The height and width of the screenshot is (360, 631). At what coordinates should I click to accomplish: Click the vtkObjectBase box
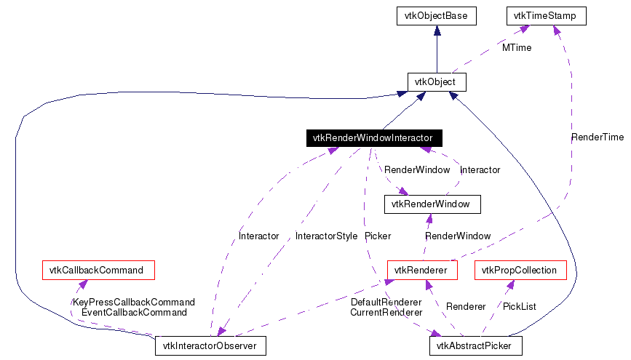[436, 15]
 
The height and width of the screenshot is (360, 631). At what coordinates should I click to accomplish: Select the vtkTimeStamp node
[546, 15]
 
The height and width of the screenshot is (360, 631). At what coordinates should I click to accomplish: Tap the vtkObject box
[435, 82]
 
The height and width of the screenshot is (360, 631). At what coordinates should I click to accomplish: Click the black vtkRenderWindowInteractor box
[373, 137]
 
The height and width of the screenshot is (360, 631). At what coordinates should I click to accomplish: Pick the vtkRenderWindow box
[432, 204]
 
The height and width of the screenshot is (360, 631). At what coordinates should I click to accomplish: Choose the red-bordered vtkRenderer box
[421, 271]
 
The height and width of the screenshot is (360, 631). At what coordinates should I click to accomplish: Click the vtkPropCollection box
[520, 271]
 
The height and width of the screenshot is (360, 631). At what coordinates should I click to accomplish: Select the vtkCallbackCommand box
[98, 271]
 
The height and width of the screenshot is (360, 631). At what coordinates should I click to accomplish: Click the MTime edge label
[517, 48]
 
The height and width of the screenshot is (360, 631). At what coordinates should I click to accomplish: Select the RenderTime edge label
[597, 137]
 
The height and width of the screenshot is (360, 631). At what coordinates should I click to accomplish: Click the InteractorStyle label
[326, 236]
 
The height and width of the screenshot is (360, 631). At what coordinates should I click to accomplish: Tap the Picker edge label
[378, 236]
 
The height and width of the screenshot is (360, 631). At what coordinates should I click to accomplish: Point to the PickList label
[520, 307]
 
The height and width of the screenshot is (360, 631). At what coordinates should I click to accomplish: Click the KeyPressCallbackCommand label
[133, 302]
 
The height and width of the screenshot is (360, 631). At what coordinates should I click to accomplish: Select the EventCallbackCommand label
[133, 312]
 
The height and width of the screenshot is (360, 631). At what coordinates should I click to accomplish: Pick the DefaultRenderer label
[386, 302]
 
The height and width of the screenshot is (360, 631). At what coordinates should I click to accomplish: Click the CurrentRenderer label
[386, 313]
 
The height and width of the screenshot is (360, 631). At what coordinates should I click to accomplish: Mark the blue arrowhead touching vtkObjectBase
[436, 31]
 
